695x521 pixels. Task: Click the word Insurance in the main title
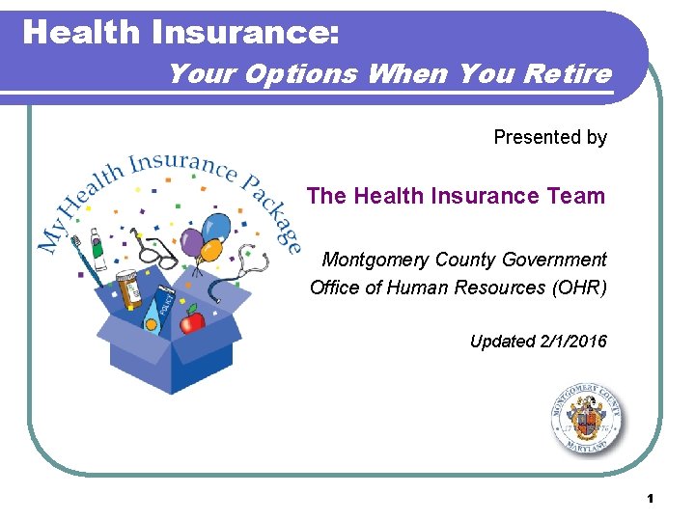241,32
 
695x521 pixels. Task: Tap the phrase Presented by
550,137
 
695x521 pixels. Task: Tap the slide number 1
651,499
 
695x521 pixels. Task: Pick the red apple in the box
194,319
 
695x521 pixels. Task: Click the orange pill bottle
127,290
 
